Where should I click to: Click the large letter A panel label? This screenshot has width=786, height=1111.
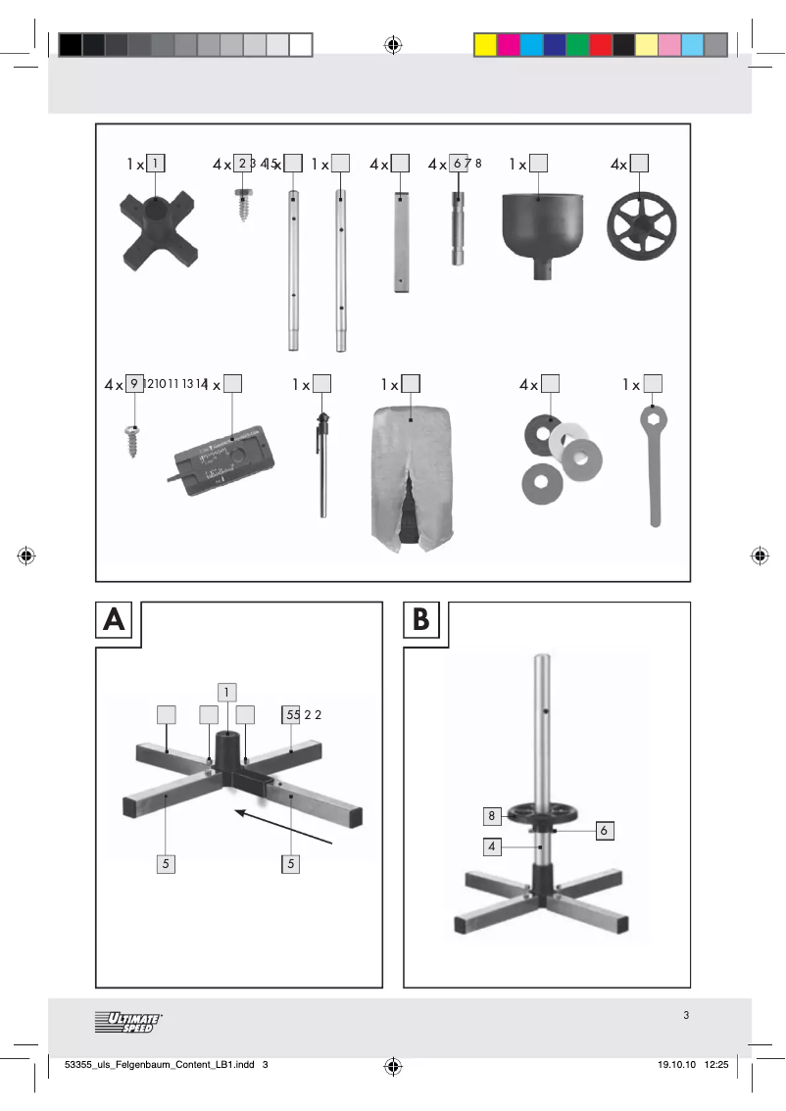coord(115,620)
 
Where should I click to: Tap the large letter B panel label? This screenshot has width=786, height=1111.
coord(422,620)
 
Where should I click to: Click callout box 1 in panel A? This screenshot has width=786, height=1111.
coord(226,692)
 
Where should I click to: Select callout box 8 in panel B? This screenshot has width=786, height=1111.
coord(492,815)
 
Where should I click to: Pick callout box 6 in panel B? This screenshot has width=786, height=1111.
coord(604,830)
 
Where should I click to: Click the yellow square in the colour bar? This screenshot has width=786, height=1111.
coord(485,45)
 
